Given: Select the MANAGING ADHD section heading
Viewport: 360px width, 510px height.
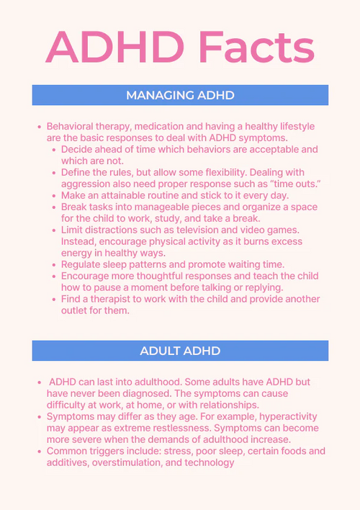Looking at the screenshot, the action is [180, 95].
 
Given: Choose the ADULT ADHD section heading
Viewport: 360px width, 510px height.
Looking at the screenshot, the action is [180, 351].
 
